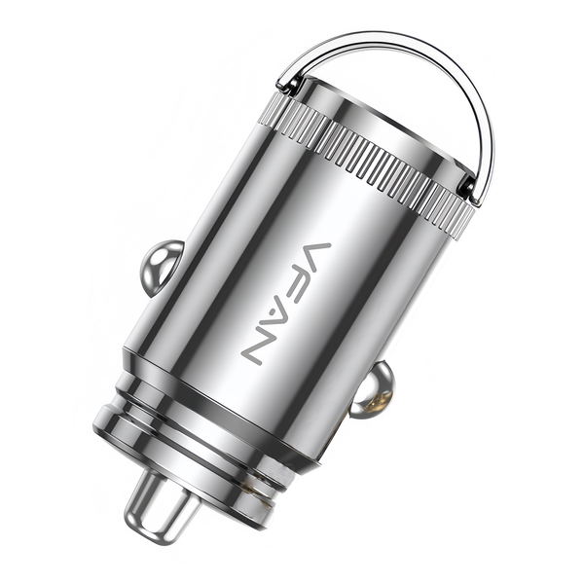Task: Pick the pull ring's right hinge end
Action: point(471,191)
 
